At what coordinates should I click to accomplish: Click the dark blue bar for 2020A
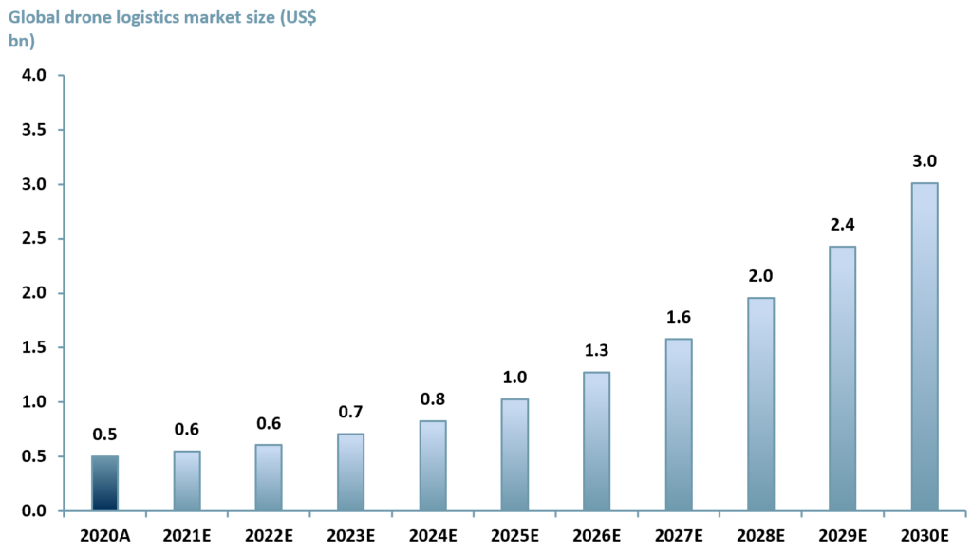(104, 484)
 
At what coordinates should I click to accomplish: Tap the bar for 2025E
(514, 455)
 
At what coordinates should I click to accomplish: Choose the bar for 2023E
(350, 472)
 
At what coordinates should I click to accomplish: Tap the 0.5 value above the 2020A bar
(104, 434)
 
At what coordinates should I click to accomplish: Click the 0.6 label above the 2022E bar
(269, 422)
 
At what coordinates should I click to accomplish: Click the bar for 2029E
(842, 379)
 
